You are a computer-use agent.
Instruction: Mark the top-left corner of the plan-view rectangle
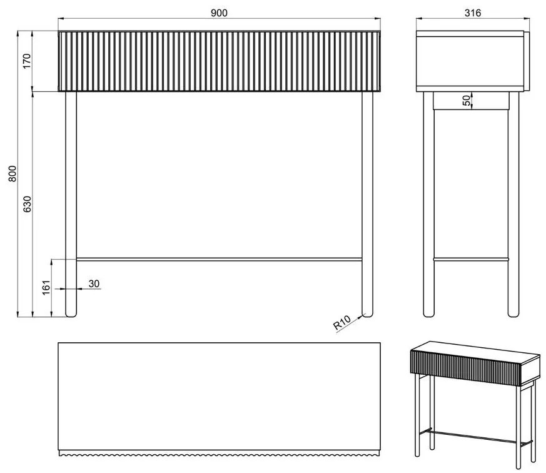point(58,343)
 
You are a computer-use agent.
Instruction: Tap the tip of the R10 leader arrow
point(363,316)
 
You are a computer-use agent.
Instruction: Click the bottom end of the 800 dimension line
point(18,317)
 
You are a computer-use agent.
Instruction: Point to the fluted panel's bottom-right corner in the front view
point(380,91)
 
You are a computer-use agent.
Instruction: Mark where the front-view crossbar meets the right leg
point(362,259)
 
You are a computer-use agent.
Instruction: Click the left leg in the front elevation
point(71,204)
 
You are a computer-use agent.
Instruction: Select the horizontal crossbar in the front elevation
point(220,259)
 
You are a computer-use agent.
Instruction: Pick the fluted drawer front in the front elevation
point(220,61)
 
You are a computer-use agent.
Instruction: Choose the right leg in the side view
point(513,204)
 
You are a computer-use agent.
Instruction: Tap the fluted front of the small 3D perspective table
point(465,368)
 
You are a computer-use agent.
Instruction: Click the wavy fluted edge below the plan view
point(220,453)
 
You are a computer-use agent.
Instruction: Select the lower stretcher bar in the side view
point(471,259)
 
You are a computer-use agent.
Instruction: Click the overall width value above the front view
point(219,13)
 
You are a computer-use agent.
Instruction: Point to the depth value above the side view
point(473,13)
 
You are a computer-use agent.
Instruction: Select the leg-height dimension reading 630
point(27,204)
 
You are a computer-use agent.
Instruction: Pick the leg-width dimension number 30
point(94,283)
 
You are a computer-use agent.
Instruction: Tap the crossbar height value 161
point(46,288)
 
